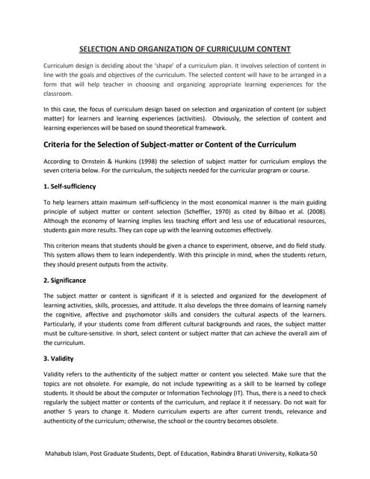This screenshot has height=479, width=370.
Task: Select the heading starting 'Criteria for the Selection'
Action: tap(170, 144)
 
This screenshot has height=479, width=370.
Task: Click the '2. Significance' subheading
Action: tap(66, 280)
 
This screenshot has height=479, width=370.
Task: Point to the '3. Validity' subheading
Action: tap(59, 358)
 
